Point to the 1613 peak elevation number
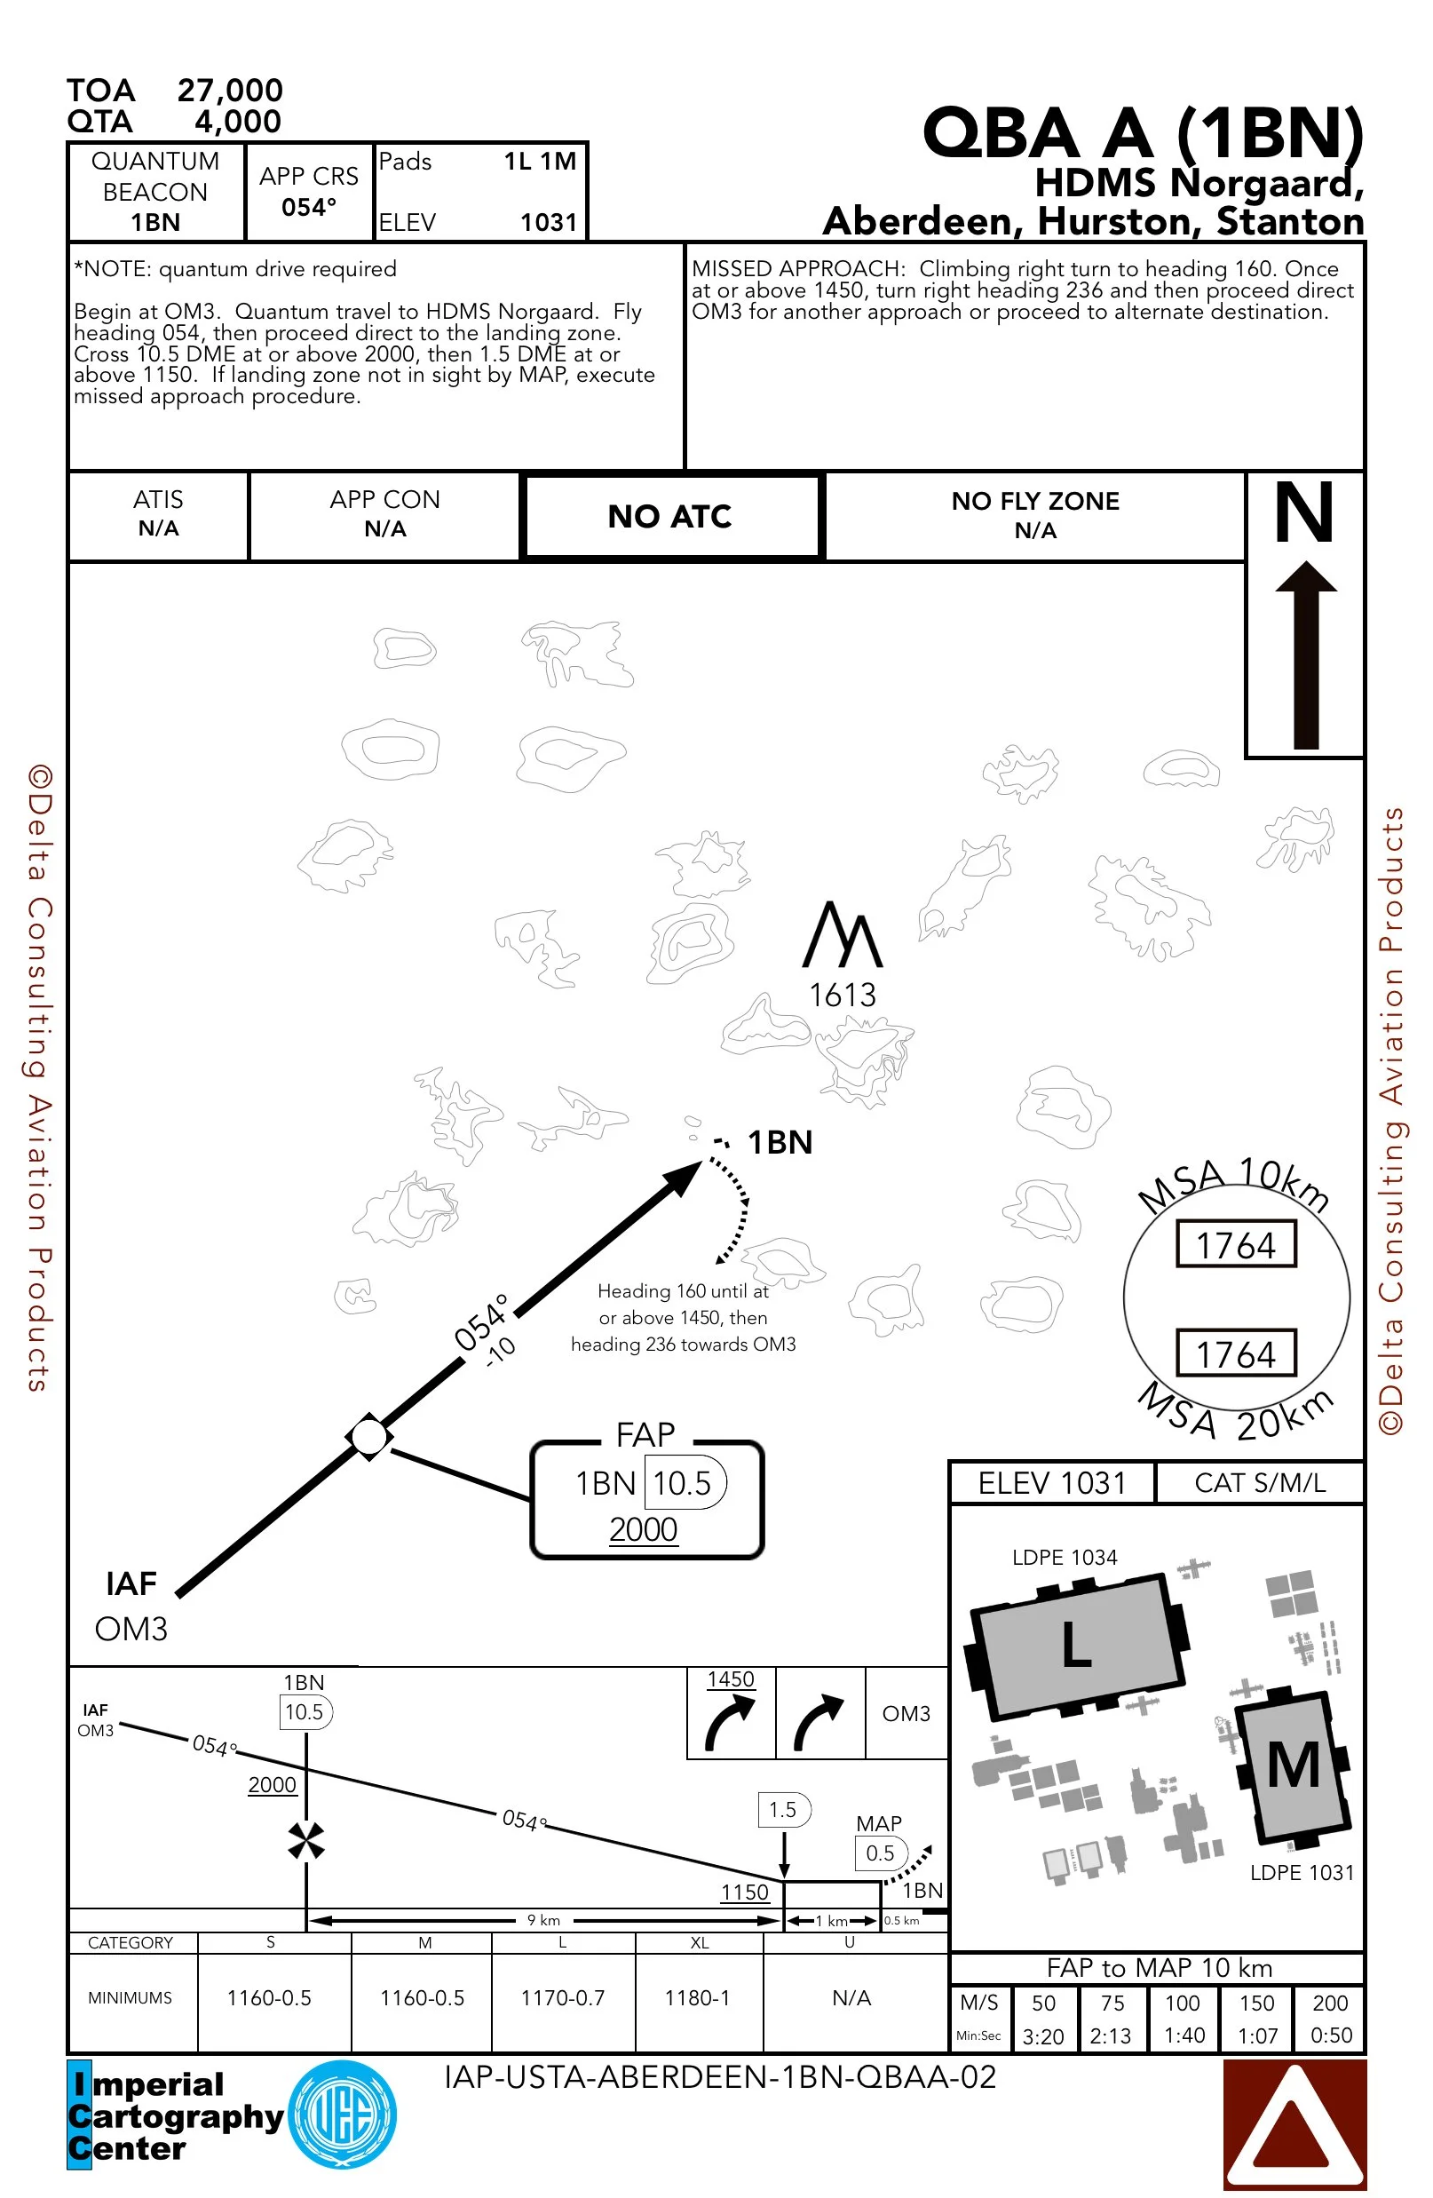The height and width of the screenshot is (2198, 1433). coord(842,995)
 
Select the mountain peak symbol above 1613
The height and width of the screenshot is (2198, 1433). coord(842,934)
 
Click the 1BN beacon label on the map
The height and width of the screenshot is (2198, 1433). coord(780,1142)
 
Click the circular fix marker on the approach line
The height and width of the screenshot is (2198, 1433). coord(369,1437)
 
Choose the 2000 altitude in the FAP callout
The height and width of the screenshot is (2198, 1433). coord(644,1530)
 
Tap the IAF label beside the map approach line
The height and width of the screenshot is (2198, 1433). coord(131,1583)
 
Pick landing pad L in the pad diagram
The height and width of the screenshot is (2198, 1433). coord(1077,1646)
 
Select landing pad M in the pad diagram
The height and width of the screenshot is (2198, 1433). coord(1294,1765)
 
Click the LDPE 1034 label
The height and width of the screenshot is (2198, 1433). coord(1065,1557)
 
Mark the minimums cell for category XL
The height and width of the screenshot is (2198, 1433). coord(698,1997)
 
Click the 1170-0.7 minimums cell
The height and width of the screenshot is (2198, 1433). coord(562,1997)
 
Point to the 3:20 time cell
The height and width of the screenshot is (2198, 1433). coord(1043,2035)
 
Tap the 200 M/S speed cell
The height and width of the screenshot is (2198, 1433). coord(1331,2003)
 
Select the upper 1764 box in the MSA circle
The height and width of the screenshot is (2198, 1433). coord(1235,1245)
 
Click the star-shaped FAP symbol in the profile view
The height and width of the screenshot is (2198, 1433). coord(305,1840)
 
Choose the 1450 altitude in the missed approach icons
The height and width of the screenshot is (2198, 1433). coord(732,1679)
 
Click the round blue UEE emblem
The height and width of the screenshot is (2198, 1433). coord(343,2114)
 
